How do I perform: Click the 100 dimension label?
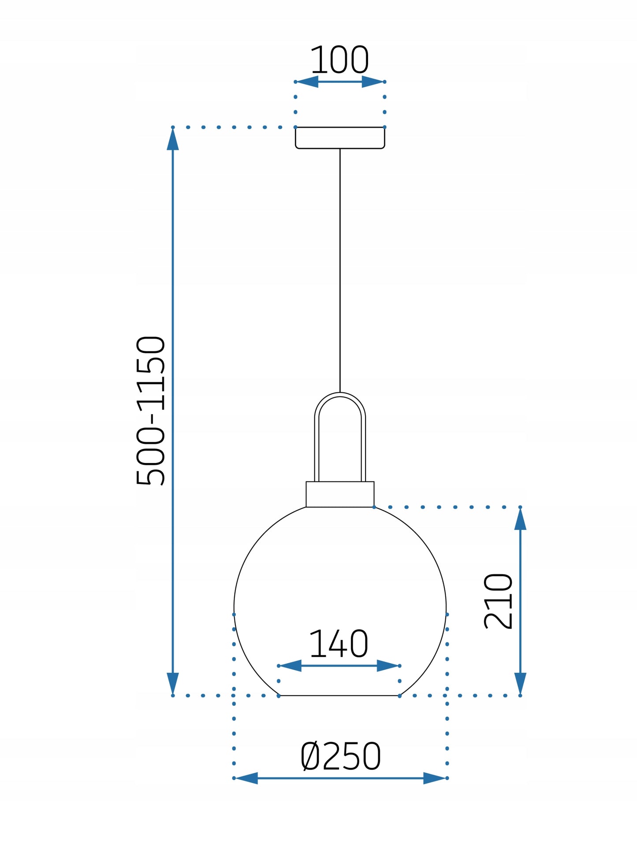339,60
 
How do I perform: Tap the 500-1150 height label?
151,410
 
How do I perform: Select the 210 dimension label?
498,601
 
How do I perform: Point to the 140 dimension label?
339,644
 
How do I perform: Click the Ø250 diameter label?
340,756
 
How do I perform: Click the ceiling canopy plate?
340,138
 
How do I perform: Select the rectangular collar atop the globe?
340,494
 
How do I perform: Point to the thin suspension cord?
340,270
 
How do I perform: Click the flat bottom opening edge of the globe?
339,695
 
